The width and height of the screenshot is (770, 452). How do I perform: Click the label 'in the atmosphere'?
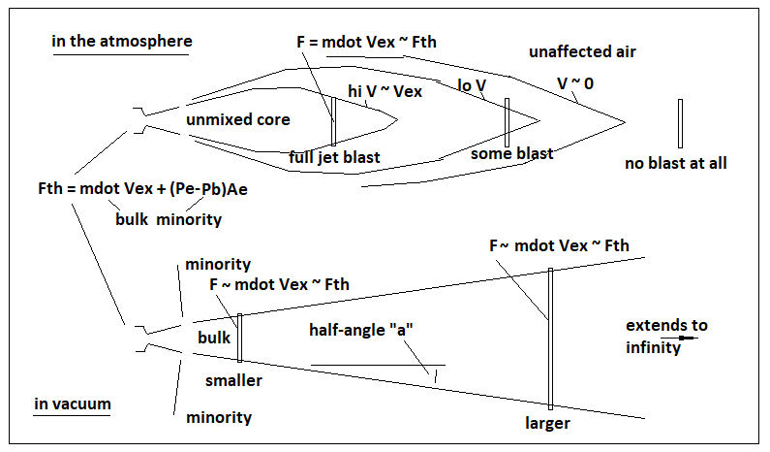coord(122,42)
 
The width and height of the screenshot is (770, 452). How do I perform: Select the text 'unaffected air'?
coord(582,50)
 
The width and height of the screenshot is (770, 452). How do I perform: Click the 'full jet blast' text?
coord(334,157)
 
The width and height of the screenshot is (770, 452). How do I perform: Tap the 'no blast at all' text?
coord(676,163)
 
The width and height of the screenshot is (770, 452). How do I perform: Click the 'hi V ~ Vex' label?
coord(385,90)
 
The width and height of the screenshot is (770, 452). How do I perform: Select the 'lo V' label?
coord(473,85)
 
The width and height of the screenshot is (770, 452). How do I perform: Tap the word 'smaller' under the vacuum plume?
coord(233,381)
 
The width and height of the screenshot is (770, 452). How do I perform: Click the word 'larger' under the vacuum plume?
coord(547,423)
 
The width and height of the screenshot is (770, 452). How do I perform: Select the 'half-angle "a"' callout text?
coord(361,328)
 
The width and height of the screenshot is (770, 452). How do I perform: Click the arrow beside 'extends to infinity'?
coord(687,339)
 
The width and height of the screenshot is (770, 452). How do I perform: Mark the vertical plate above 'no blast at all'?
coord(681,122)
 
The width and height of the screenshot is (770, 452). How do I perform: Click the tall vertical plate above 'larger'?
coord(550,339)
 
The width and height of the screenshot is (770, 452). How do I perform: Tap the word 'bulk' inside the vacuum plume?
coord(214,338)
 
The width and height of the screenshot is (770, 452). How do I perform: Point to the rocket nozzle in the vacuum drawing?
coord(140,337)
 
